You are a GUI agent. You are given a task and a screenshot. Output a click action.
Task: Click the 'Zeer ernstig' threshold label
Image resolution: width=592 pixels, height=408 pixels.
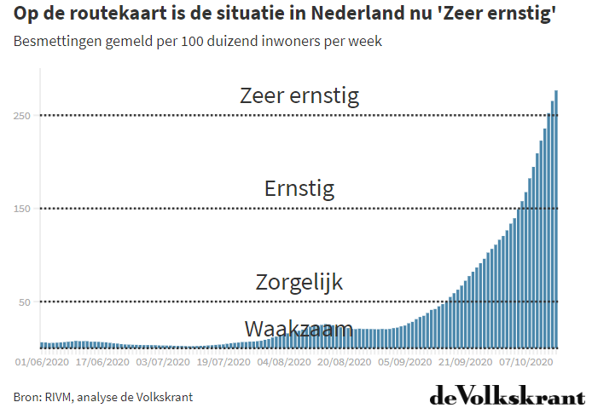coord(299,95)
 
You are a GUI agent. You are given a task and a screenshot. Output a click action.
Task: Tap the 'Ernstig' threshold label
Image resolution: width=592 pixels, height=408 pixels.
coord(299,188)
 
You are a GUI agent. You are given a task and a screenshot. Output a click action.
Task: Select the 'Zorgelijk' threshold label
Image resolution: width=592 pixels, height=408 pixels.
coord(299,282)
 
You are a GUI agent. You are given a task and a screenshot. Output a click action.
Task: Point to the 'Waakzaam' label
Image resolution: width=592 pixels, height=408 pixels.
coord(299,329)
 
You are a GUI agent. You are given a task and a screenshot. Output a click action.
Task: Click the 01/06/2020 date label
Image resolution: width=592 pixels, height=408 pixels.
coord(43,362)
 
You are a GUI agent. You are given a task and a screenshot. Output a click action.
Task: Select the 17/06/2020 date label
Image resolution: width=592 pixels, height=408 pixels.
coord(102,362)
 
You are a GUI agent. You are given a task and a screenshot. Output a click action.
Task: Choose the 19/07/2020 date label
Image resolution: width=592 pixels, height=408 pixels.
coord(224,362)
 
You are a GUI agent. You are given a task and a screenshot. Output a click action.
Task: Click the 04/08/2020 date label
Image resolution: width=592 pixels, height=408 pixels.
coord(285,362)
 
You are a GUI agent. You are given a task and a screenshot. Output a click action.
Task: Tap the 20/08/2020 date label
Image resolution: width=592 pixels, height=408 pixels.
coord(345,362)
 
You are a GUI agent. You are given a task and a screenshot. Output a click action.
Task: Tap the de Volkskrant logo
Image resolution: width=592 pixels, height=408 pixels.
coord(507,395)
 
